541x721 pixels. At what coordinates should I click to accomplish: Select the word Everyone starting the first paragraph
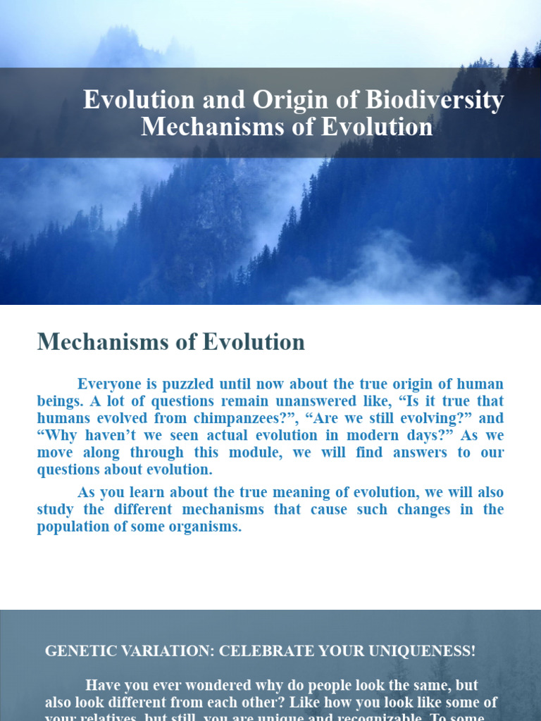click(108, 384)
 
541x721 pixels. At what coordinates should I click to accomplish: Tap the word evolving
click(392, 418)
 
